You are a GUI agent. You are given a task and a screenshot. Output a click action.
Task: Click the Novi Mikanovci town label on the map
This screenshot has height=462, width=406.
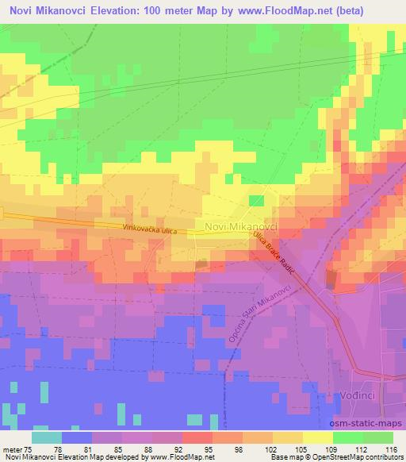[240, 226]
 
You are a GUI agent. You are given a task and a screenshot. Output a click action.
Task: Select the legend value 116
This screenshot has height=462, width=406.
[389, 449]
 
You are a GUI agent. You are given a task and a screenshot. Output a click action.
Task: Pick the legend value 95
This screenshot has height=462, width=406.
[209, 449]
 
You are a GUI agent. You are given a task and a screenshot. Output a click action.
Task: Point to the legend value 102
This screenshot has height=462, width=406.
[269, 449]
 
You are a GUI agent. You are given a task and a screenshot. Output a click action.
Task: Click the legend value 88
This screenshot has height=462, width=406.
[150, 449]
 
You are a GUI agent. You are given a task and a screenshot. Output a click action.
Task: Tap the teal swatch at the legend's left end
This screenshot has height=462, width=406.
[47, 437]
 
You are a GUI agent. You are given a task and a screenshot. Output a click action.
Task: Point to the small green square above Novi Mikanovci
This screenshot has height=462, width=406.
[256, 201]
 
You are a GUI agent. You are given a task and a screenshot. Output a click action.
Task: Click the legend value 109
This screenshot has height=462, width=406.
[330, 449]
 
